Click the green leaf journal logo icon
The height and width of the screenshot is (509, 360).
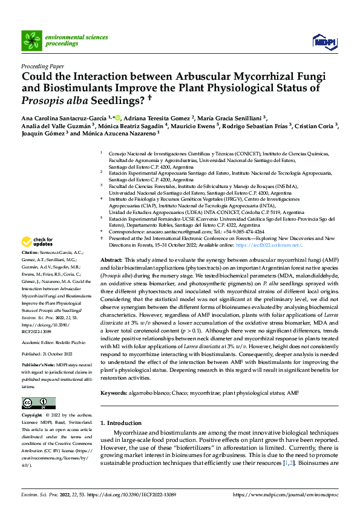click(x=31, y=41)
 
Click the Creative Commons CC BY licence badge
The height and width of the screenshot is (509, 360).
click(x=36, y=403)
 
